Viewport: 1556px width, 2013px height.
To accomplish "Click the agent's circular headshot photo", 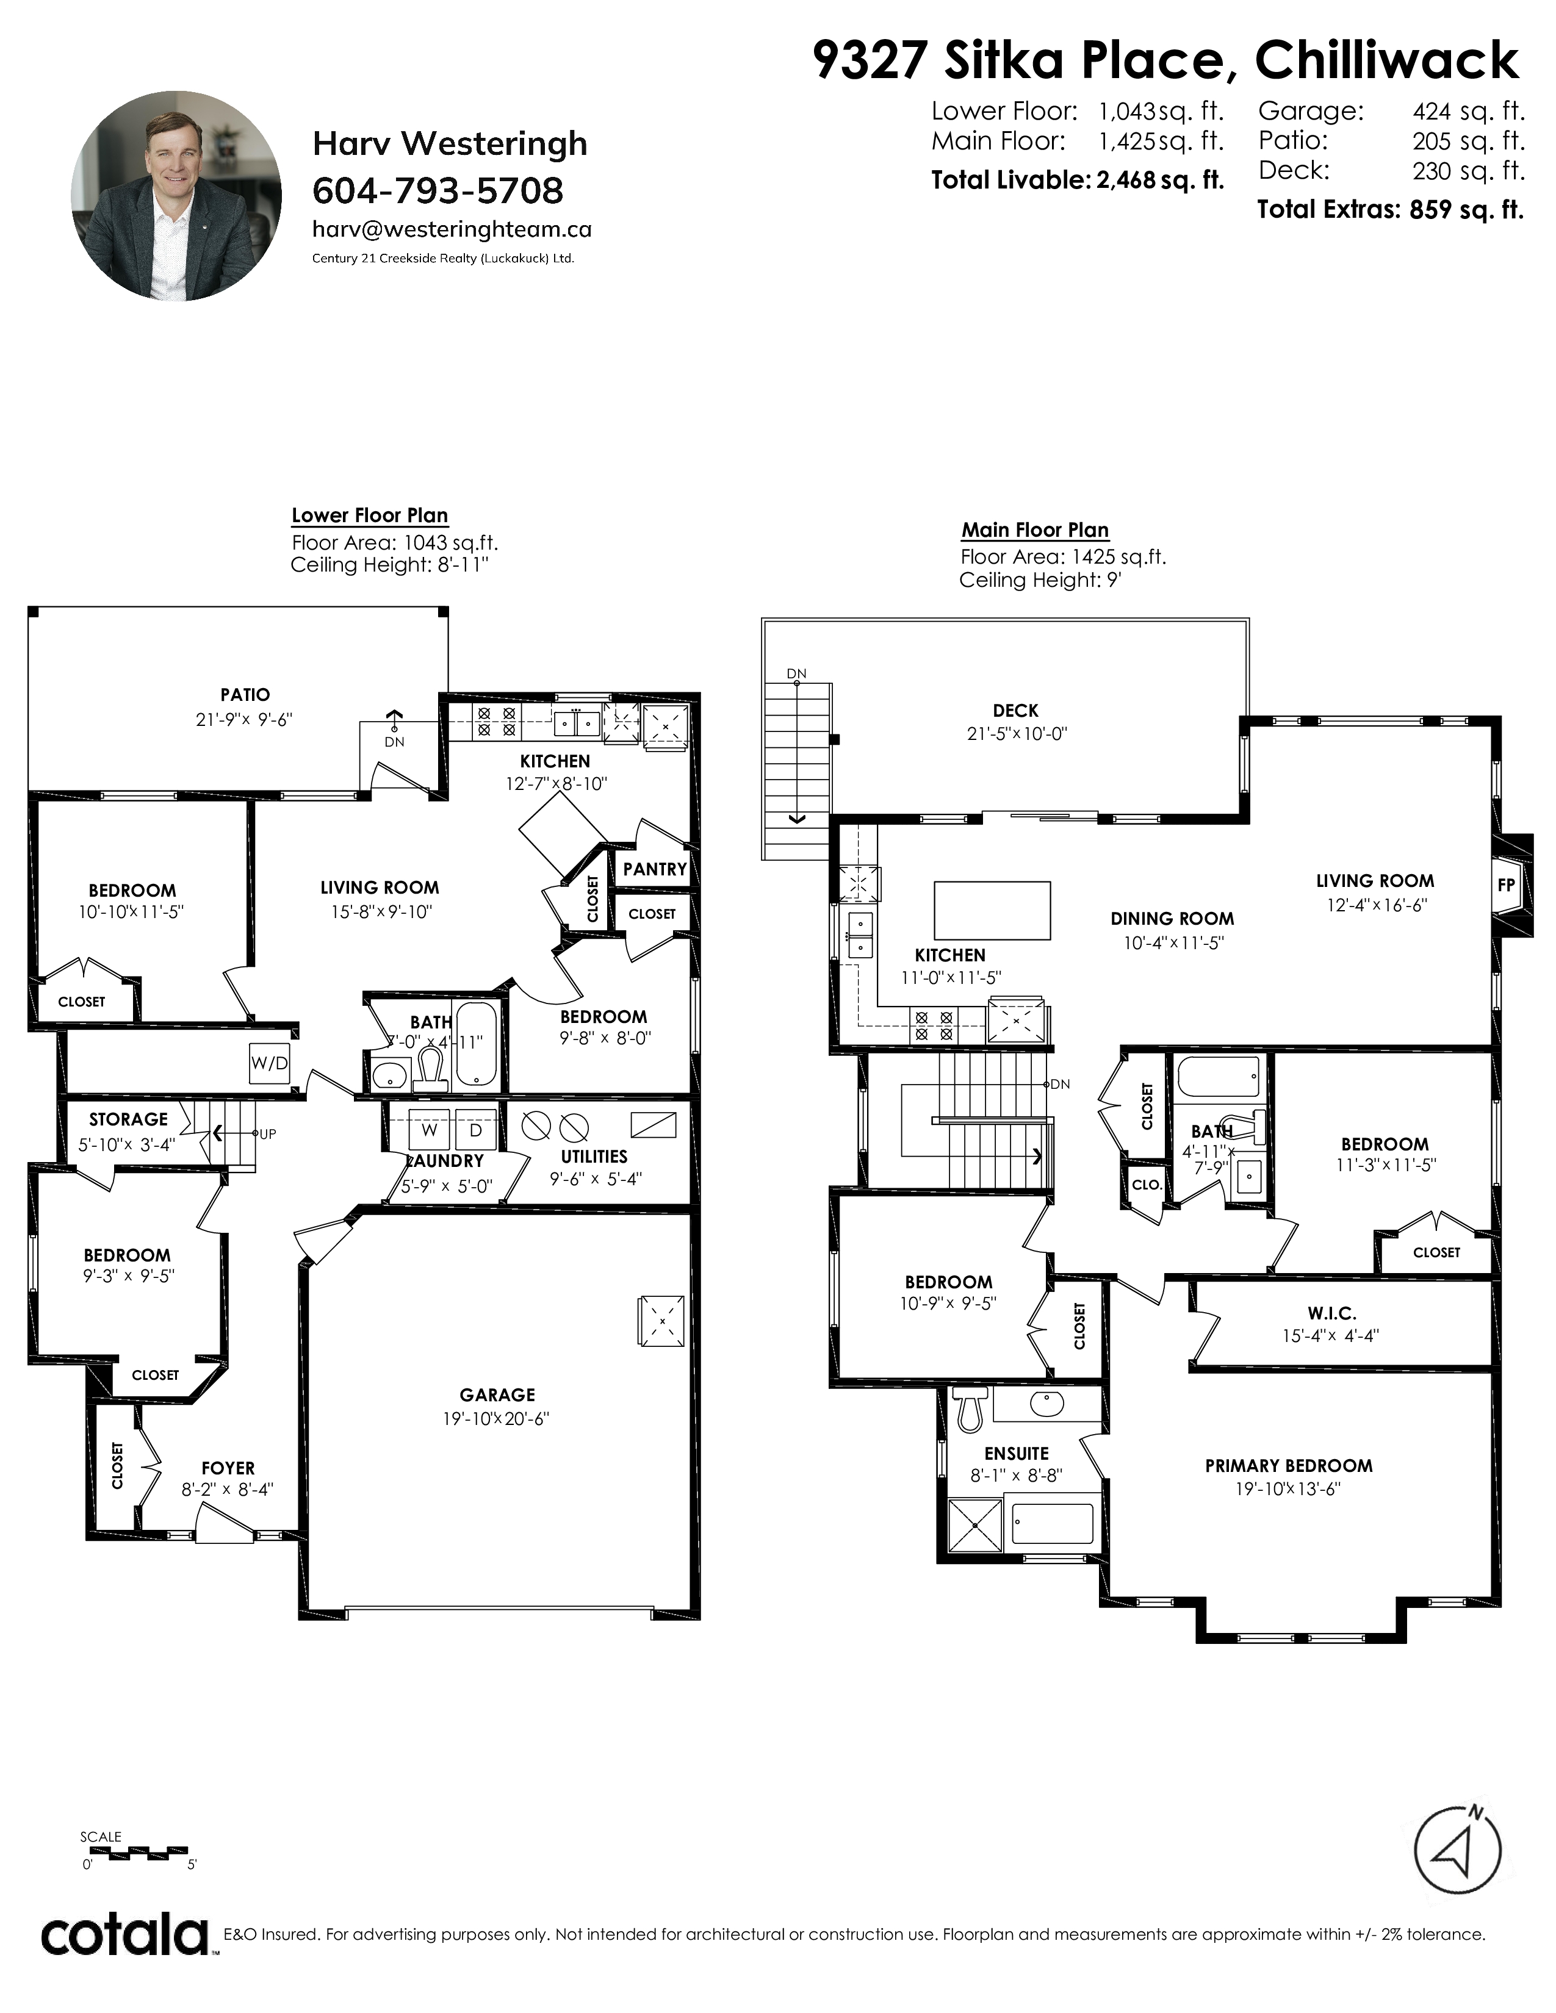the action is [176, 195].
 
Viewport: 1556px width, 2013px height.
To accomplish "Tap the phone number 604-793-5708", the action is [438, 191].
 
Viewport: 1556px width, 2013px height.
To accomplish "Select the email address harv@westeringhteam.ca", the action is [452, 229].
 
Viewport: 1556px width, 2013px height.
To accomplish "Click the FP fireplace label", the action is [1505, 885].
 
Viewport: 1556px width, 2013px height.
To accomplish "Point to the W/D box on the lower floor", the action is [269, 1063].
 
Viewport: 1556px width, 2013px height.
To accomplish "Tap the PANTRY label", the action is [655, 869].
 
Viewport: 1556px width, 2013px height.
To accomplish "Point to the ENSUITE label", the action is [1016, 1454].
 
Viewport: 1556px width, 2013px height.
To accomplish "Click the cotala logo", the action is [124, 1935].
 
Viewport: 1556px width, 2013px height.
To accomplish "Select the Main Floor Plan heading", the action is [1035, 530].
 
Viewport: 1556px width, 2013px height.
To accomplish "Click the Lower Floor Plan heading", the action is [370, 515].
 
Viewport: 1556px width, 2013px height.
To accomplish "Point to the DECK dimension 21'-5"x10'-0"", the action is [1017, 734].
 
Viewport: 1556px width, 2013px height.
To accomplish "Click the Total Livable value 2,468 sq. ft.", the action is [1159, 180].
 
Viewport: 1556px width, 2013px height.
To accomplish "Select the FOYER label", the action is [228, 1468].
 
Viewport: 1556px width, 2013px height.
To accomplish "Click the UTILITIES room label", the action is [594, 1157].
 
